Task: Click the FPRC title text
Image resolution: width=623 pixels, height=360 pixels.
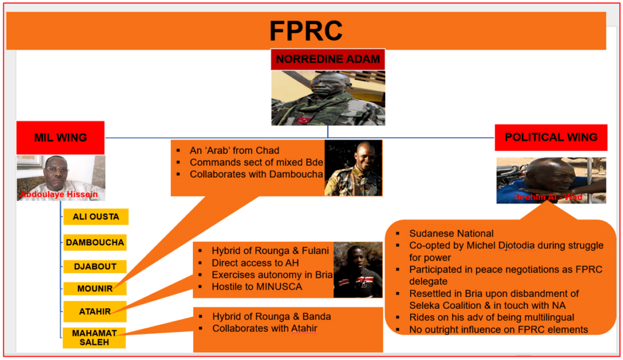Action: point(306,30)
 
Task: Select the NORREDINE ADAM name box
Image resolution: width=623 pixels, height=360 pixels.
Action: point(328,60)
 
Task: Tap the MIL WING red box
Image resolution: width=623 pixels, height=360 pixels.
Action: point(60,137)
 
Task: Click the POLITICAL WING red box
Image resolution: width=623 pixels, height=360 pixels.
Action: point(551,137)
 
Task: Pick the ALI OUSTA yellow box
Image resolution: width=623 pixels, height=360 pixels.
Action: point(96,217)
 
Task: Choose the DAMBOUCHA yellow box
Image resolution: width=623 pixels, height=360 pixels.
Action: point(95,242)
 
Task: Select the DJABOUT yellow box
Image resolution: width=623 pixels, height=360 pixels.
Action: point(95,266)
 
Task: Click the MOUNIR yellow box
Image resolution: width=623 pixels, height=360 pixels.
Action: point(95,289)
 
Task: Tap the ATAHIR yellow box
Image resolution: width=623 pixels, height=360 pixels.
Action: point(95,311)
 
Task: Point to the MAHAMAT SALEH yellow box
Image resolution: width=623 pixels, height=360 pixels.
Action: point(94,337)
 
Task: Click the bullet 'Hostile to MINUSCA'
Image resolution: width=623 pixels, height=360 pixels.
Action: point(257,286)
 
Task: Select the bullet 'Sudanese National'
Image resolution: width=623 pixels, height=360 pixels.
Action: point(451,234)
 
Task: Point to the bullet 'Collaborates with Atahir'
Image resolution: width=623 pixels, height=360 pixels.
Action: point(265,329)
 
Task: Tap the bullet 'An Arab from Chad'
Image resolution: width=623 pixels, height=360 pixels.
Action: point(234,150)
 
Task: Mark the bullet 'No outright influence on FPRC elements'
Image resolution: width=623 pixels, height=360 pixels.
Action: point(498,330)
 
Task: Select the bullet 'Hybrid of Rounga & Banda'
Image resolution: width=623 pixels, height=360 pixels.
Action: point(271,316)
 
